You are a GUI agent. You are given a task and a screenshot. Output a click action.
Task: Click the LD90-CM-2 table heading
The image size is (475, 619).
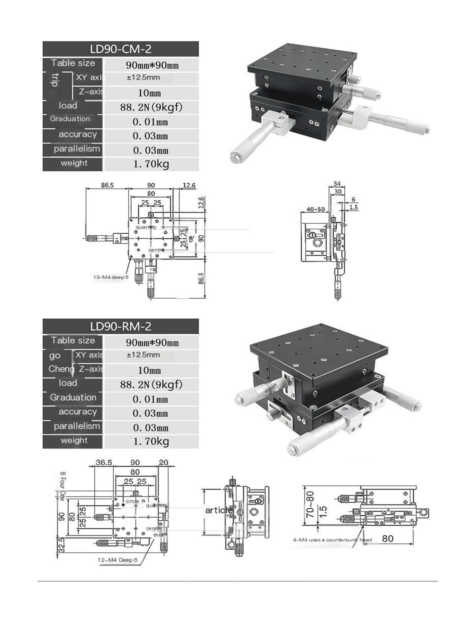tap(120, 49)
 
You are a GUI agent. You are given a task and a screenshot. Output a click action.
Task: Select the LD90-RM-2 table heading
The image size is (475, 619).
tap(120, 327)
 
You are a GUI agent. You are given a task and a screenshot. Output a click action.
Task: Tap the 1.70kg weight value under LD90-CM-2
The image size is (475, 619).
tap(151, 164)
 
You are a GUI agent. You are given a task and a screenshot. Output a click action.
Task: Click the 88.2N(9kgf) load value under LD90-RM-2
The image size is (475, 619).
tap(151, 384)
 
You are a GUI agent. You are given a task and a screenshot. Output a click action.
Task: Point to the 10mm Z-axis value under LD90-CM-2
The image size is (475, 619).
tap(149, 93)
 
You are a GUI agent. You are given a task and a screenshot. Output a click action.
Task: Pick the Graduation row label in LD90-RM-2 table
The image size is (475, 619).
tap(73, 397)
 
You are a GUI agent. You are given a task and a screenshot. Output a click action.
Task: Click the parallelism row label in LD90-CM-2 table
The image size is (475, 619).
tap(77, 149)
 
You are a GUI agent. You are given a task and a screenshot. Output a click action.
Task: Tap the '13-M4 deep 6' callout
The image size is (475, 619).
tap(110, 277)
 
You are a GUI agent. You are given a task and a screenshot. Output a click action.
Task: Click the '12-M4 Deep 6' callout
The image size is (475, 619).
tap(117, 560)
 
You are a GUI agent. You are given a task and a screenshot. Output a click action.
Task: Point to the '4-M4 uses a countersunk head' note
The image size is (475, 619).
tap(332, 540)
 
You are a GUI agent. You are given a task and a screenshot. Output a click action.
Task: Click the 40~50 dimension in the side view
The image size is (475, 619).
tap(316, 209)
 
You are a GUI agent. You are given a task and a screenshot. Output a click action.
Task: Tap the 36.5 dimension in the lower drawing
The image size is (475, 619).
tap(104, 462)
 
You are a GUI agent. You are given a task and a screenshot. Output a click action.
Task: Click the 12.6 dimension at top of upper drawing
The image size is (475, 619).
tap(189, 186)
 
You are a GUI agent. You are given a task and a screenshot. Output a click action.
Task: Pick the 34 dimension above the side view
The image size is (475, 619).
tap(337, 184)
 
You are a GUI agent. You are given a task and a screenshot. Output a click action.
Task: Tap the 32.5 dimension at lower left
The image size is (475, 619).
tap(61, 545)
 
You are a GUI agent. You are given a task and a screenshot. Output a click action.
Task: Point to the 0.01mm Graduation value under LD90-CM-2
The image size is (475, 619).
tap(150, 122)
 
